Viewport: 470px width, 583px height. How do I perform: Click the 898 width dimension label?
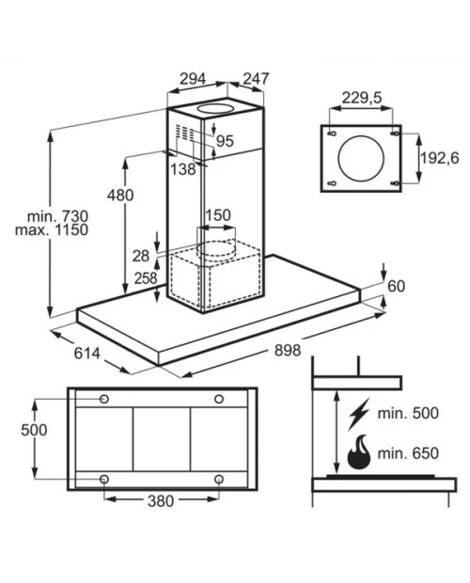point(288,350)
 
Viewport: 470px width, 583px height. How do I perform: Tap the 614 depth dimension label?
point(86,353)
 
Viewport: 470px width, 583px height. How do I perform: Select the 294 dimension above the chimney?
point(193,79)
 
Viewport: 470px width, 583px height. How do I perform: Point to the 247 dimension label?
point(256,78)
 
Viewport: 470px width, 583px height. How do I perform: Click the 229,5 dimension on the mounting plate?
point(362,98)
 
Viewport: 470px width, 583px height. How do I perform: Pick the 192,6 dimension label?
point(440,158)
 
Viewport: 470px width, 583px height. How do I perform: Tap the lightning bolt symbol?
point(359,414)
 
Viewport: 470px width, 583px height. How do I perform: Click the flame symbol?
point(359,451)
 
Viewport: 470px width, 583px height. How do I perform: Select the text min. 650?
point(408,453)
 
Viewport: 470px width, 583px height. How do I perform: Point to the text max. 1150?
point(52,229)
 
